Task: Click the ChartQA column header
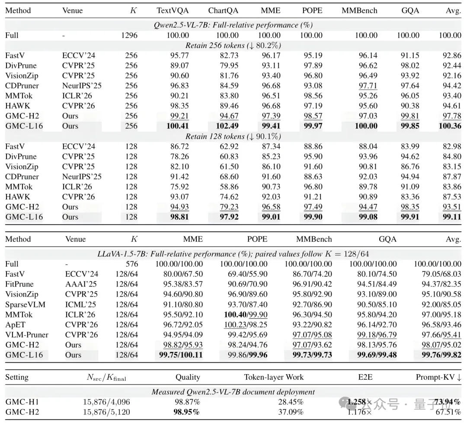(x=223, y=10)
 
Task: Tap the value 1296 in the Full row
(x=129, y=35)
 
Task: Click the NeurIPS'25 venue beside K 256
(x=82, y=86)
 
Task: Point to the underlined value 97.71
(x=368, y=86)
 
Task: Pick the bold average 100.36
(x=450, y=126)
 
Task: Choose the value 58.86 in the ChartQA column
(x=229, y=187)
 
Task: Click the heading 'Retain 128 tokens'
(x=215, y=136)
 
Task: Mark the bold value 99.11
(x=452, y=217)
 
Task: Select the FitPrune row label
(x=19, y=284)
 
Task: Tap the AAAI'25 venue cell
(x=81, y=284)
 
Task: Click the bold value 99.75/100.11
(x=181, y=355)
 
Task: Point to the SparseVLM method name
(x=26, y=304)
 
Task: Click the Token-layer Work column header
(x=274, y=377)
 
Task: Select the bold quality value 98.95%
(x=186, y=412)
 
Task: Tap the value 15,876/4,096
(x=106, y=402)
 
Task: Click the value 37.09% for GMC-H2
(x=291, y=412)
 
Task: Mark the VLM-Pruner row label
(x=27, y=335)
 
